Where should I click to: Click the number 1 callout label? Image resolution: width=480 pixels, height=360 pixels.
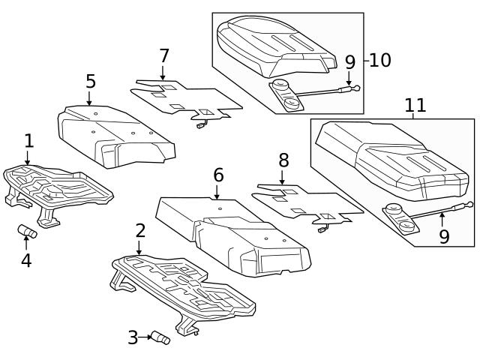(x=28, y=140)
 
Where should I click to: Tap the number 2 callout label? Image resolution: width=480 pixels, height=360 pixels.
(x=140, y=230)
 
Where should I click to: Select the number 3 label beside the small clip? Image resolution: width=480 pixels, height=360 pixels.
(x=133, y=338)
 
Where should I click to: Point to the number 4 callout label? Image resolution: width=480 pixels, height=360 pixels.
(x=26, y=261)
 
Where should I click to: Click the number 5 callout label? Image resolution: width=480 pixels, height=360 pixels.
(x=91, y=81)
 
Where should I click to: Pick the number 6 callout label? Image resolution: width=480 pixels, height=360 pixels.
(x=218, y=175)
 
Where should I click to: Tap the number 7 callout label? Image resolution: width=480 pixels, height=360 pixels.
(x=164, y=56)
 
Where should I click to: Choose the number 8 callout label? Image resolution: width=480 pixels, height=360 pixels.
(x=283, y=160)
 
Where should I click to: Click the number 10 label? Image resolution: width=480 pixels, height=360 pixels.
(x=380, y=61)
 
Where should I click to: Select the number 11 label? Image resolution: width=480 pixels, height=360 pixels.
(x=415, y=106)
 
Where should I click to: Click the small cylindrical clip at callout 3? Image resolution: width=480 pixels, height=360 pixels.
(x=161, y=338)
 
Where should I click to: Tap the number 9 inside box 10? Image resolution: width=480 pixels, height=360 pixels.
(x=349, y=63)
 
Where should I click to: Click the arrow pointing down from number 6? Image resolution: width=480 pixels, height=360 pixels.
(x=218, y=193)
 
